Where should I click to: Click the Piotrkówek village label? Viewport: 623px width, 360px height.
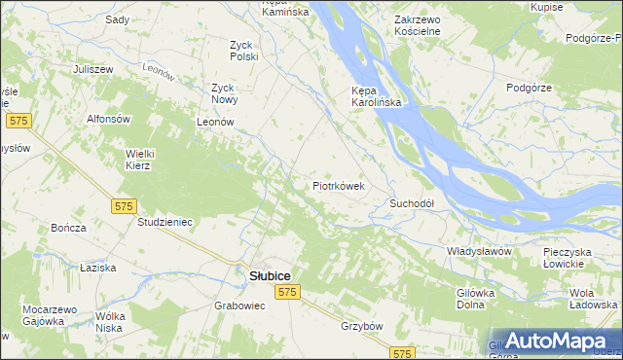(x=338, y=185)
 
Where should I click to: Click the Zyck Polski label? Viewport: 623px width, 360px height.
(x=243, y=51)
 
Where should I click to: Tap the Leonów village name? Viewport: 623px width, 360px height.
(x=216, y=122)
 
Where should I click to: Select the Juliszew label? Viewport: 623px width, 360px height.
(x=94, y=69)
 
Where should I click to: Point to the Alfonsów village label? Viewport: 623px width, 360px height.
(x=109, y=119)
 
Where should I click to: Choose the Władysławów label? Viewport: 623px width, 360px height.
(x=479, y=251)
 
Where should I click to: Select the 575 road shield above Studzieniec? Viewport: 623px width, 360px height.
(x=124, y=206)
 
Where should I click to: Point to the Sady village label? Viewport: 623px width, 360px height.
(x=117, y=19)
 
